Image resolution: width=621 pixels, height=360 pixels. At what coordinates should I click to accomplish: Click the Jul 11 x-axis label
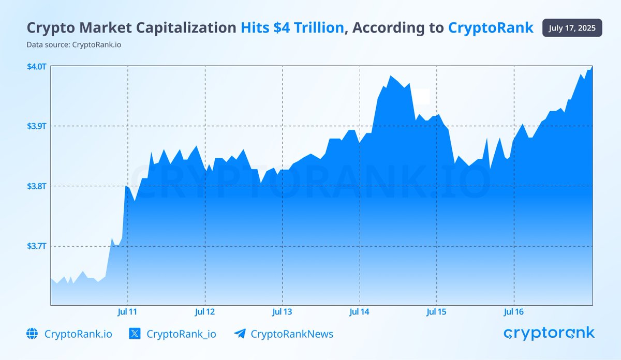(128, 312)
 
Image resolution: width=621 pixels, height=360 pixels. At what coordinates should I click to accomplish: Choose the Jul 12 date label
(205, 312)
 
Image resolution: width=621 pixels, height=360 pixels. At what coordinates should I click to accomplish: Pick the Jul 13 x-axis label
(282, 312)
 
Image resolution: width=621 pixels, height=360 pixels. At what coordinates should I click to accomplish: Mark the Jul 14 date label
(359, 312)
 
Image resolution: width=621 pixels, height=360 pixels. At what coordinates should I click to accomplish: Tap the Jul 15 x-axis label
(436, 312)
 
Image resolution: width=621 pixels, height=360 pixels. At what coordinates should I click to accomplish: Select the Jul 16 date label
(514, 312)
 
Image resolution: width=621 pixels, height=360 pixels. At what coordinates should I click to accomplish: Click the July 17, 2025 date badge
(572, 28)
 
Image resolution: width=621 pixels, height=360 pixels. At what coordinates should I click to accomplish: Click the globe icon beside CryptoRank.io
(32, 334)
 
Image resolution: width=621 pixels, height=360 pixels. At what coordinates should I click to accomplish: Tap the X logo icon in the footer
(135, 334)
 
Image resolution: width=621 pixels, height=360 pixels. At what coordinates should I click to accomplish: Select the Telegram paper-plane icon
(239, 334)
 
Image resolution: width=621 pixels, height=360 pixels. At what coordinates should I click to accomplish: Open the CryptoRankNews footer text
(292, 334)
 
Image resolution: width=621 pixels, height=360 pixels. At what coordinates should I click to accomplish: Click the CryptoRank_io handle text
(181, 334)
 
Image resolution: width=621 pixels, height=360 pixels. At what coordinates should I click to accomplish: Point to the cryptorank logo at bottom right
(549, 334)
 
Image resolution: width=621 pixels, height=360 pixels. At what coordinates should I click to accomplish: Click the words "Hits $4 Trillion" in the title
(292, 28)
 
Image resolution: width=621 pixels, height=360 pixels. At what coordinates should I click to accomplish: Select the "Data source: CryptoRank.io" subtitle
(74, 44)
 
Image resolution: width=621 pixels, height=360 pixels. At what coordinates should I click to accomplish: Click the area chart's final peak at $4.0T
(592, 67)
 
